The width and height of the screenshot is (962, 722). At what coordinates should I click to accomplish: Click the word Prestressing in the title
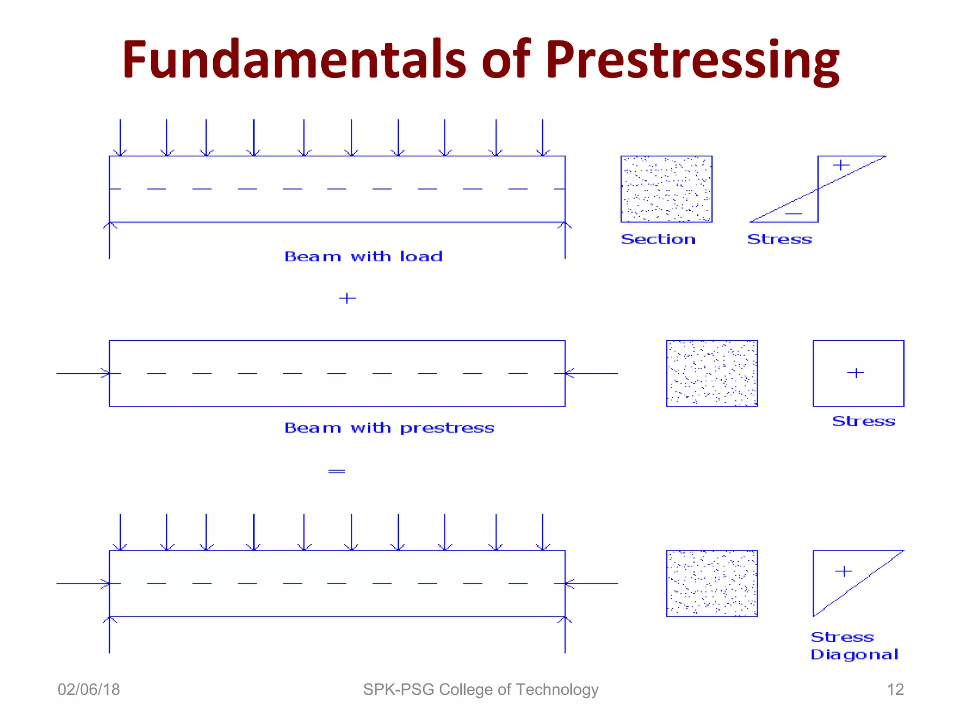pos(692,60)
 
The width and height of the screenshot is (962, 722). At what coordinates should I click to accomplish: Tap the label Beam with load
pos(363,256)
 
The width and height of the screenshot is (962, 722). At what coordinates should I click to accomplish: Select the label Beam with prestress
pos(389,428)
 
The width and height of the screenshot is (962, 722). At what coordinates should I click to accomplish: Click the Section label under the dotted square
pos(658,239)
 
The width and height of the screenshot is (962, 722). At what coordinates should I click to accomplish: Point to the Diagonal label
pos(854,654)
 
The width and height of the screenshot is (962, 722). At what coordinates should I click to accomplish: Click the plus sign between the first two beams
pos(347,298)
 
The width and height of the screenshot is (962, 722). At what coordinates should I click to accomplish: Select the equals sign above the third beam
pos(337,471)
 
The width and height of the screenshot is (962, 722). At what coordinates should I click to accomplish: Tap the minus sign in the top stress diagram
pos(793,214)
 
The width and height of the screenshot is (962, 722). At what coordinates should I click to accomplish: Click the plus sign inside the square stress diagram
pos(855,373)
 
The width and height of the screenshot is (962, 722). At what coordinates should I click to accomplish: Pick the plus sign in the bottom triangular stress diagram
pos(844,571)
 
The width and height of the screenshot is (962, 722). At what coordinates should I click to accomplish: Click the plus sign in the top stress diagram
pos(841,165)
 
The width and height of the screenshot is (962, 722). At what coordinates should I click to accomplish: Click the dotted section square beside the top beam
pos(666,188)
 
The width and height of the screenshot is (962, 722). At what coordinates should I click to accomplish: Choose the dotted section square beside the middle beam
pos(712,373)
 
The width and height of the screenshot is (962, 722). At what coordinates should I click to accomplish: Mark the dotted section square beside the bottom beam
pos(712,583)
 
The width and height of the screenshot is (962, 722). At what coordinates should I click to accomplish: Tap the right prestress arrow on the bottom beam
pos(591,583)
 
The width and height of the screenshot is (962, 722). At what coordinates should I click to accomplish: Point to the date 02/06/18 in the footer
pos(89,690)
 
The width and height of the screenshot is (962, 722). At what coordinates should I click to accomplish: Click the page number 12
pos(895,690)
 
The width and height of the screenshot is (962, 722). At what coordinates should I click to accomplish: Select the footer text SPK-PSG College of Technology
pos(481,690)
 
